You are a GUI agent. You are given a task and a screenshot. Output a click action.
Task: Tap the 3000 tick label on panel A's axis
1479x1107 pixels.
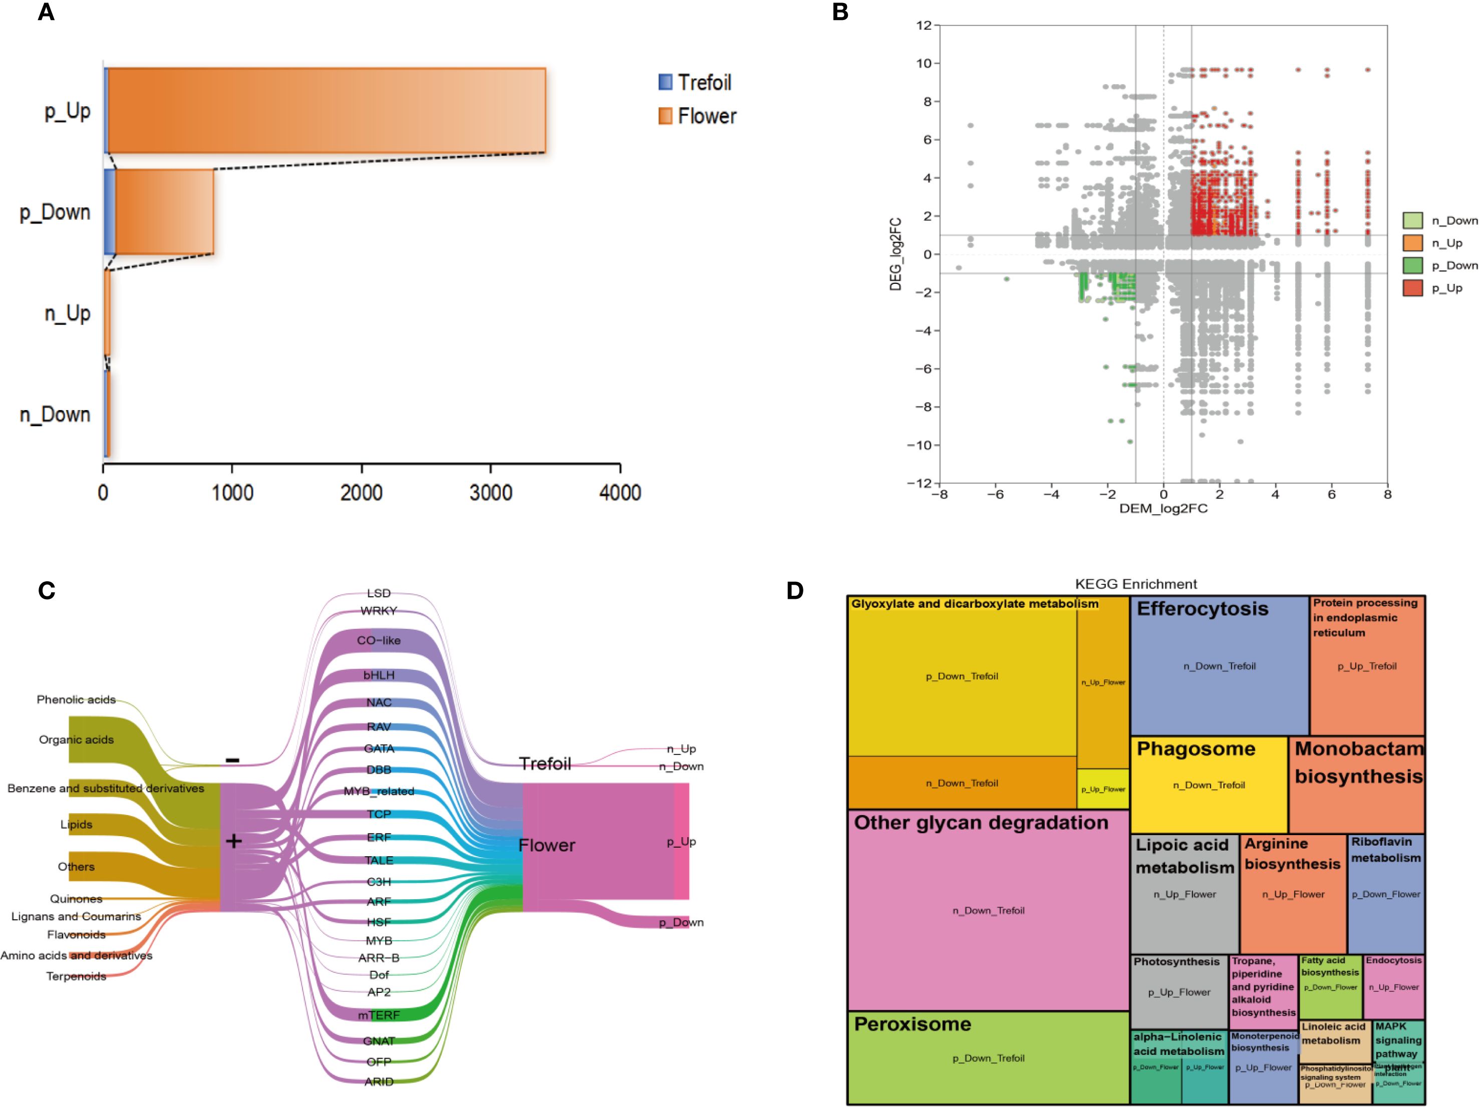click(491, 493)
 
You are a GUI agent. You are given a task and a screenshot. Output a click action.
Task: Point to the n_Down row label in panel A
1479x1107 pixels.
click(55, 415)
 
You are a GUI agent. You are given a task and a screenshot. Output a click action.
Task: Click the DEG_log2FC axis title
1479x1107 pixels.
click(896, 254)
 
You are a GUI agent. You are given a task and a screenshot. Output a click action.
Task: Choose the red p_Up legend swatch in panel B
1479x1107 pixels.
click(1412, 288)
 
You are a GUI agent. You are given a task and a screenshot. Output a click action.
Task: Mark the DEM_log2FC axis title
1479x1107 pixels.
click(1163, 509)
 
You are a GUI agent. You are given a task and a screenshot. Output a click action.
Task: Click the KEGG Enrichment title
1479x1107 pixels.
click(1136, 584)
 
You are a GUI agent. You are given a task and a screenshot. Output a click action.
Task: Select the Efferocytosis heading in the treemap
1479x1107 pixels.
click(1202, 609)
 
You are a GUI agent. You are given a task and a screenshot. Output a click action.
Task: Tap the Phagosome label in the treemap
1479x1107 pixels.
click(1196, 749)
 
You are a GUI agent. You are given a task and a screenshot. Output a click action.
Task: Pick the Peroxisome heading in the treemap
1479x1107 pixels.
click(912, 1024)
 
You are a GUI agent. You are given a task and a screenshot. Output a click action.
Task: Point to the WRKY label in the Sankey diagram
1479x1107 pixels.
click(379, 610)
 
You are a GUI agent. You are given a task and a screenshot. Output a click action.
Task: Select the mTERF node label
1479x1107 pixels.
click(379, 1015)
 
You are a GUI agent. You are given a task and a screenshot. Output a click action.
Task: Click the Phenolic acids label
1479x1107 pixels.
click(76, 699)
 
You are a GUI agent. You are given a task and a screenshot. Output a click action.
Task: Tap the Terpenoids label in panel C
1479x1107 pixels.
click(76, 976)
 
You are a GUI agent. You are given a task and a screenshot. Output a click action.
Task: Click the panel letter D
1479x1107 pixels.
click(795, 590)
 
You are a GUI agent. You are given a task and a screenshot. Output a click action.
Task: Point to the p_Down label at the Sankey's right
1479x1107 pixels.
click(681, 922)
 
